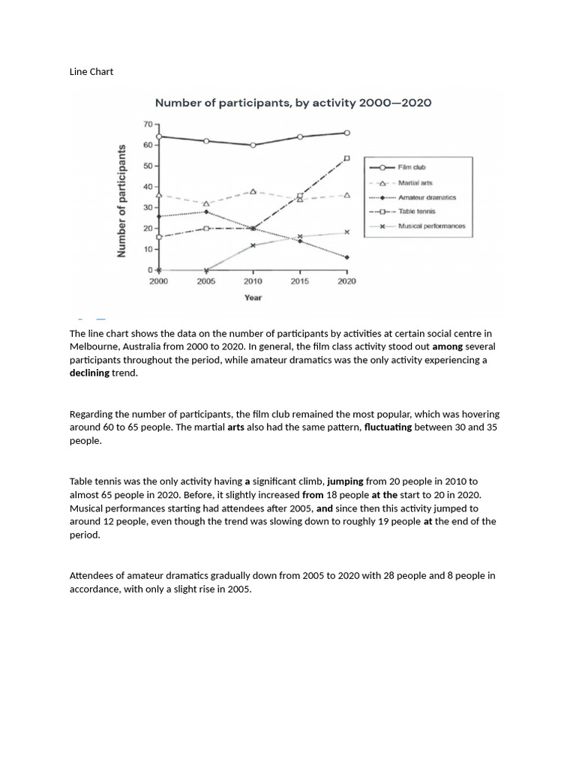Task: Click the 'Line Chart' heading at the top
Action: tap(91, 71)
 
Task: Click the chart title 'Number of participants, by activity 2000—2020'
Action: tap(292, 103)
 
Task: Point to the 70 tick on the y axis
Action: tap(148, 124)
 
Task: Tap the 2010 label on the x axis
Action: tap(253, 281)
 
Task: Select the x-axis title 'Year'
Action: tap(253, 298)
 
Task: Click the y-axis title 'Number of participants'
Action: tap(121, 200)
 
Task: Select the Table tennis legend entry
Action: tap(416, 211)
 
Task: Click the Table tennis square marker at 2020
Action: tap(346, 158)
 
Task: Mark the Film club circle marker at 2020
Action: tap(346, 133)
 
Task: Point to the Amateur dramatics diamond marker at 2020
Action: tap(346, 257)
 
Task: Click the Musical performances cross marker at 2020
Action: tap(346, 232)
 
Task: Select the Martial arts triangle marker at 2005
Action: tap(206, 203)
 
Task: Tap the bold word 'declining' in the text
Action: tap(89, 373)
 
